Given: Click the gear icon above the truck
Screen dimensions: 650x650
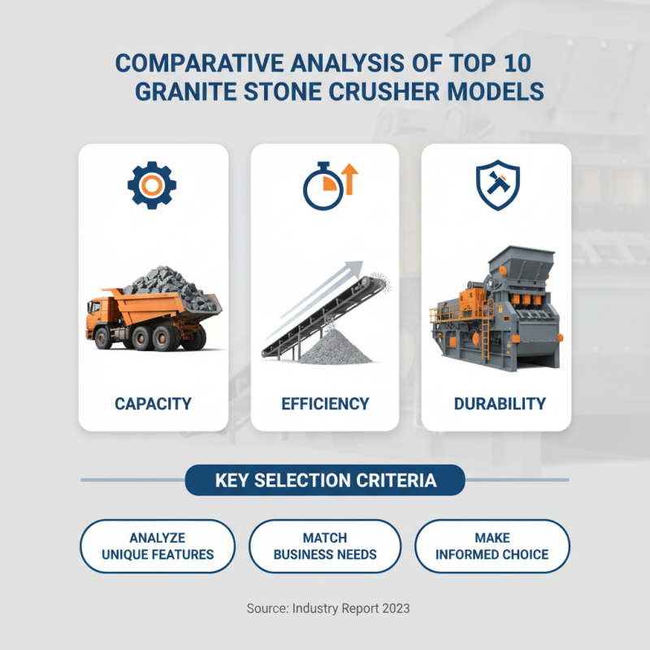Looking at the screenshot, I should [151, 186].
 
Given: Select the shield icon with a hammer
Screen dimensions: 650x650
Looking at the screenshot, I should [496, 186].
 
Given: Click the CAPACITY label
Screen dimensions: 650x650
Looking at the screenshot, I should [153, 403].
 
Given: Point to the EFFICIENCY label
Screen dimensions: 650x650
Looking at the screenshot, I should [325, 403].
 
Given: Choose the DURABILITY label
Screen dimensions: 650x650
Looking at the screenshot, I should [496, 403].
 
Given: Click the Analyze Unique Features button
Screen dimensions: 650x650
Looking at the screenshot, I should [158, 546].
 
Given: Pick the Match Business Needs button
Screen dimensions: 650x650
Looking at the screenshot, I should [325, 546].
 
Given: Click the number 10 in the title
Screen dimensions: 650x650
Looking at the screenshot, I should [511, 63].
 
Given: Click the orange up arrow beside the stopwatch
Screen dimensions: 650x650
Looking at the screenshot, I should [350, 179].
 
